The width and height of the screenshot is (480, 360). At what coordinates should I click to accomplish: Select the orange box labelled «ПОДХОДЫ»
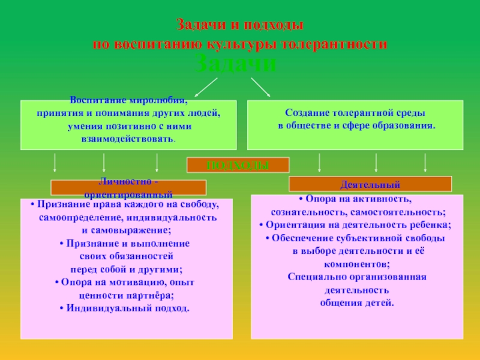238,165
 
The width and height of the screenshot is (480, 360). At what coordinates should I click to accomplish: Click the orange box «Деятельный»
370,184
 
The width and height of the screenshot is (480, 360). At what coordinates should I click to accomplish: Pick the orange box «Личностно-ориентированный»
128,188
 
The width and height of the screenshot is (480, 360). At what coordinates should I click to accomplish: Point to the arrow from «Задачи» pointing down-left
206,86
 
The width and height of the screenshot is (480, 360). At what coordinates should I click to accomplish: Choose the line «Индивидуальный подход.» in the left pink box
125,308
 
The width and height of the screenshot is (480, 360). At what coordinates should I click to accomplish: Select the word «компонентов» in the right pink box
356,264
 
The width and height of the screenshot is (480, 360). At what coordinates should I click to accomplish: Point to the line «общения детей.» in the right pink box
356,303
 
